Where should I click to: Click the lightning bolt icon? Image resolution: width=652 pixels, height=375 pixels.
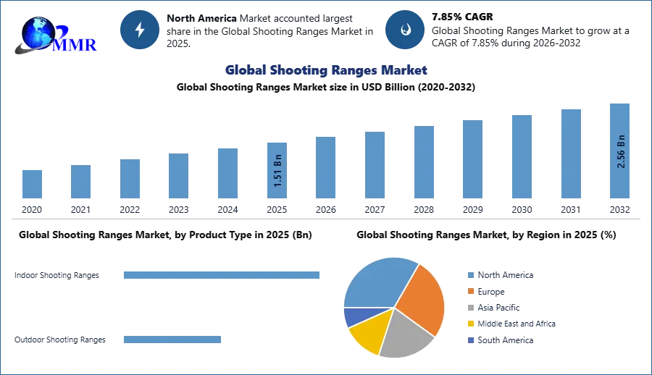pos(140,30)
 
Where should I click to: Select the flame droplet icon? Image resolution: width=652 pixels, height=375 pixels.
pos(405,30)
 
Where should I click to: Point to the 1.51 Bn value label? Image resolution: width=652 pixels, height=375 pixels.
pos(277,171)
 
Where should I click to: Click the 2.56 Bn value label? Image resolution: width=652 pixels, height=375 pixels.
pos(620,151)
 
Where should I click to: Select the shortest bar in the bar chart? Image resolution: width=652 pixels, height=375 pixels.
pos(32,185)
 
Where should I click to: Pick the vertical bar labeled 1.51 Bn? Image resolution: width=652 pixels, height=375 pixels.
pos(277,170)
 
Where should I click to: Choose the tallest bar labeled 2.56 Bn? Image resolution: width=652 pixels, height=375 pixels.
pos(620,151)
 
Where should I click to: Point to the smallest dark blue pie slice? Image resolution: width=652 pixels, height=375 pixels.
pos(352,316)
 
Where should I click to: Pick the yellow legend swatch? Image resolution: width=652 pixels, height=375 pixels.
pos(470,324)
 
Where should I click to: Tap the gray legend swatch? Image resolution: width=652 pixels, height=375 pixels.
pos(470,308)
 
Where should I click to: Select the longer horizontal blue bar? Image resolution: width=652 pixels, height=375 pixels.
pos(222,275)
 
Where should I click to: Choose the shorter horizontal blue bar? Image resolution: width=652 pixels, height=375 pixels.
pos(173,341)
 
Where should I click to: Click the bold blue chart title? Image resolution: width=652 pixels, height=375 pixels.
pos(325,70)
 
